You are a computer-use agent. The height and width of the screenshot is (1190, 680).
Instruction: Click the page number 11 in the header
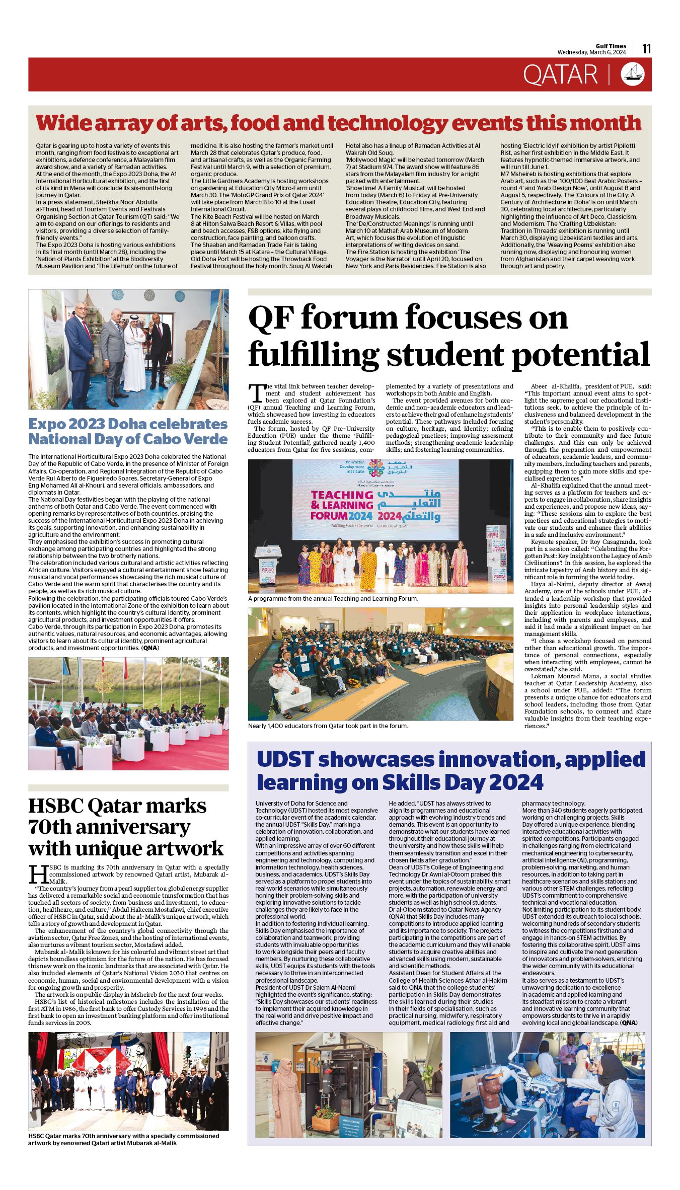click(647, 49)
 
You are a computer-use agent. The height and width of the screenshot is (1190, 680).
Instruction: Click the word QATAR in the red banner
click(560, 75)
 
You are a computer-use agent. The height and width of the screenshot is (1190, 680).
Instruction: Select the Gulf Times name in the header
click(611, 46)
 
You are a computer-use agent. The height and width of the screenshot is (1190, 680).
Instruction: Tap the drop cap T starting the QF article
click(256, 393)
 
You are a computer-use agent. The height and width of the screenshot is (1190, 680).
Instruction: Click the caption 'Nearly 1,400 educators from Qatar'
click(328, 726)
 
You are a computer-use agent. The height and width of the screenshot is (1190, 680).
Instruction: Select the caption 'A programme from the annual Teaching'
click(333, 599)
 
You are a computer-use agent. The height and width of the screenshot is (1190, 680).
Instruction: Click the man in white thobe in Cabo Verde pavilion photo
click(134, 354)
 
